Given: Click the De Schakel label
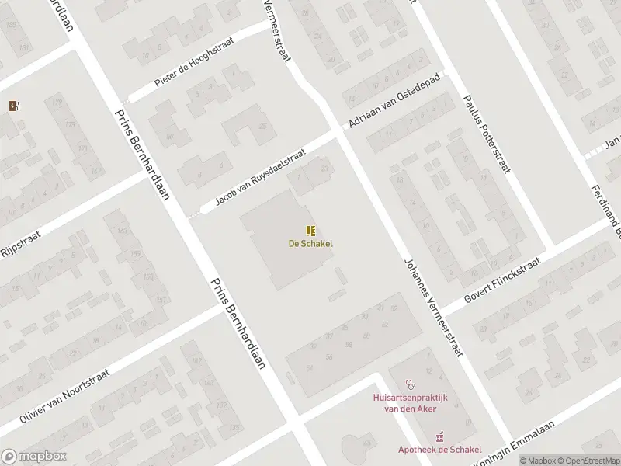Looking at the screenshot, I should (310, 243).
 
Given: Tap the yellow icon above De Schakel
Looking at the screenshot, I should (310, 230).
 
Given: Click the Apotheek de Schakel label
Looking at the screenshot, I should (440, 449).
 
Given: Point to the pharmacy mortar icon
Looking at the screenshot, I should (440, 435).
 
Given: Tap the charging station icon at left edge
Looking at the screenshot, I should (14, 106).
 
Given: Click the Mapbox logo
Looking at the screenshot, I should (33, 457).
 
